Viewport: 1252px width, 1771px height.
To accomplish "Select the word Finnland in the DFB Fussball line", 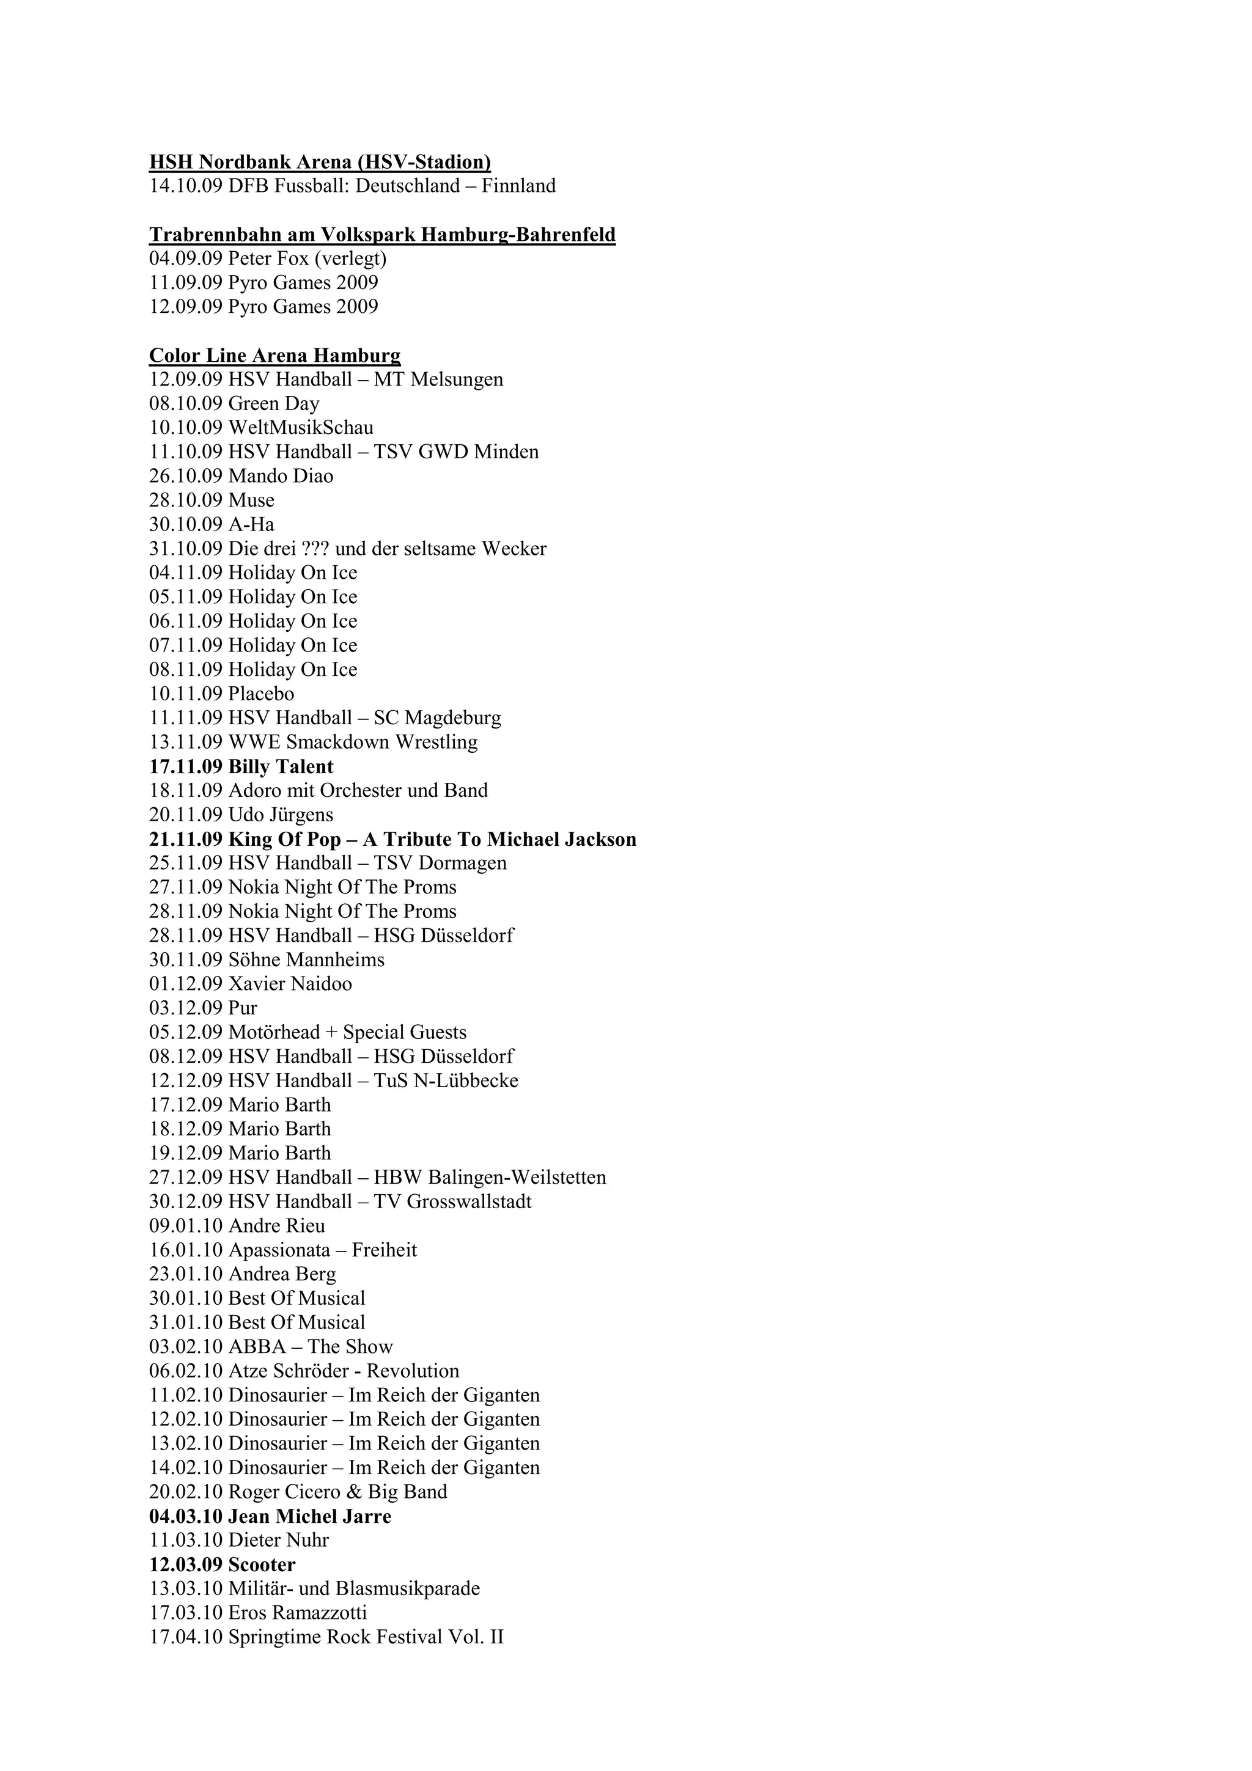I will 518,186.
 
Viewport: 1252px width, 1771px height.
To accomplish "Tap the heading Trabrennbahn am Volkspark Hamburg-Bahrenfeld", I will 382,235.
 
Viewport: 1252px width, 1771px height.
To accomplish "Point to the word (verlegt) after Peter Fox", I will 350,258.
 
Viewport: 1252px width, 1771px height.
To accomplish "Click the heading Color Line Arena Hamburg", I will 274,356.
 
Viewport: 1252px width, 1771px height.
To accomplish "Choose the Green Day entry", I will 274,403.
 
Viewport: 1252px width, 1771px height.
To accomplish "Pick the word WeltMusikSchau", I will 301,427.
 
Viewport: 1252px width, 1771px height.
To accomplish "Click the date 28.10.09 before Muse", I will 185,500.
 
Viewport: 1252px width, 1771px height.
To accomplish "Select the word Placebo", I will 261,694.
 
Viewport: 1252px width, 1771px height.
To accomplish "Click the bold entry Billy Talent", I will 281,767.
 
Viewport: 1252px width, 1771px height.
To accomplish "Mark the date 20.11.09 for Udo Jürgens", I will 185,815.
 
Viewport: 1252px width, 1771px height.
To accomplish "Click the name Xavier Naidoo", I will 290,983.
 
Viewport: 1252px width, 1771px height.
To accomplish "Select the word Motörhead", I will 274,1032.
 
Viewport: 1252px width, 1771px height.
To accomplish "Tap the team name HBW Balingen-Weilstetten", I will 490,1177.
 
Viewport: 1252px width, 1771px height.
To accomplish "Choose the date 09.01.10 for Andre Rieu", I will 185,1226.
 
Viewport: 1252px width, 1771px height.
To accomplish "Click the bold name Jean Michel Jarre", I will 309,1516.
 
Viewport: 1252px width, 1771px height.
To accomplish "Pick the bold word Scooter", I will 262,1564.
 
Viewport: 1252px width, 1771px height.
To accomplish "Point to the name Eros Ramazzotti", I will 298,1613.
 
